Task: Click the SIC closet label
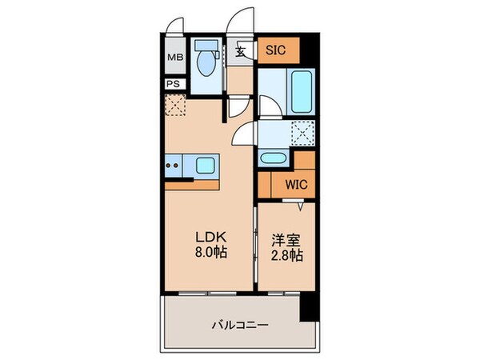276,51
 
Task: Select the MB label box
174,58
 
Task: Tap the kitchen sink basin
205,166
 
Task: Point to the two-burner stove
174,166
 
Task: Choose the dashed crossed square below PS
175,105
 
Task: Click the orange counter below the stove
192,185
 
